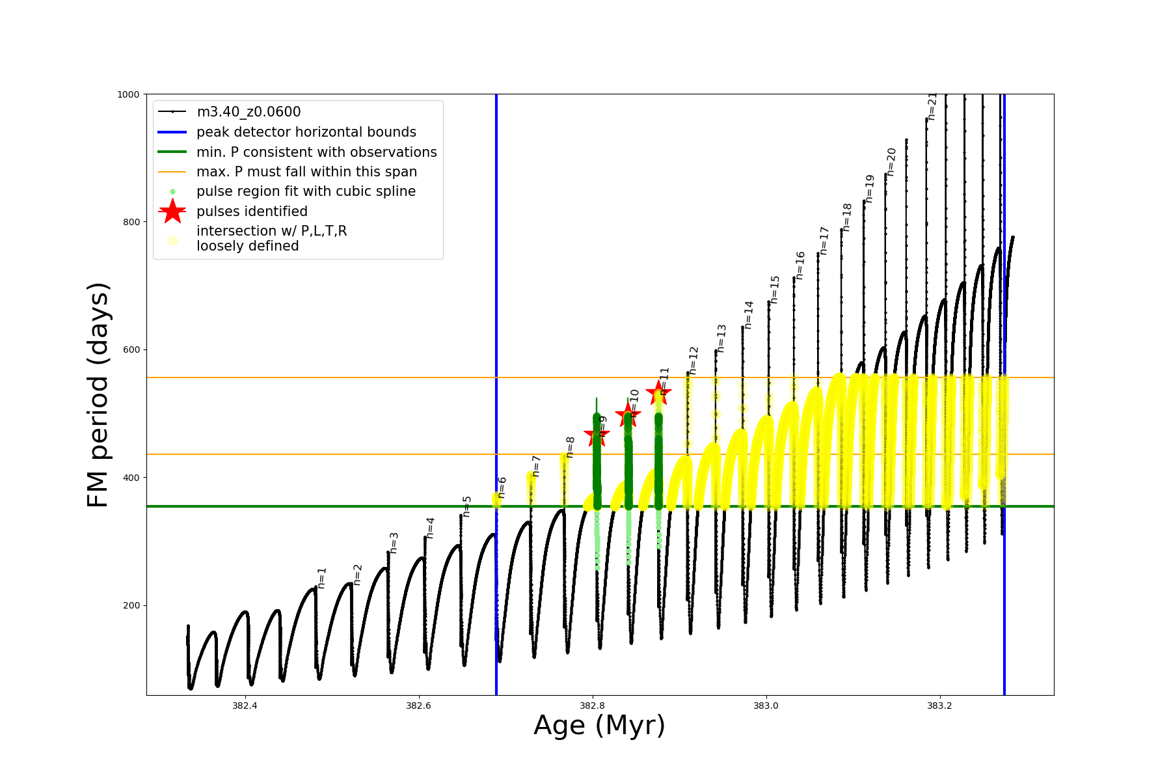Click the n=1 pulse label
coord(322,578)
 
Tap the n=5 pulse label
coord(466,506)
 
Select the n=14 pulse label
coord(749,315)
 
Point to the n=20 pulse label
coord(891,161)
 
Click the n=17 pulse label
coord(824,240)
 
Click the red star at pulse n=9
coord(597,435)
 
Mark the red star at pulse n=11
coord(658,392)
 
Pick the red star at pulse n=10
coord(628,414)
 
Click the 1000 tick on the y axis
coord(128,94)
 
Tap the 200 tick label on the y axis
coord(131,605)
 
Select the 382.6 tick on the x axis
coord(418,706)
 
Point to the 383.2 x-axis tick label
coord(939,706)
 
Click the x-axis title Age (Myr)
coord(599,725)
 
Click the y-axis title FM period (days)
coord(98,394)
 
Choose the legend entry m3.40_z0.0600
coord(249,112)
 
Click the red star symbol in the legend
coord(172,211)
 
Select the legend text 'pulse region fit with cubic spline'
coord(306,191)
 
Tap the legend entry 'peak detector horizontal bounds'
coord(306,132)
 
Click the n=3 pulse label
coord(394,543)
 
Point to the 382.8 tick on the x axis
coord(592,706)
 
